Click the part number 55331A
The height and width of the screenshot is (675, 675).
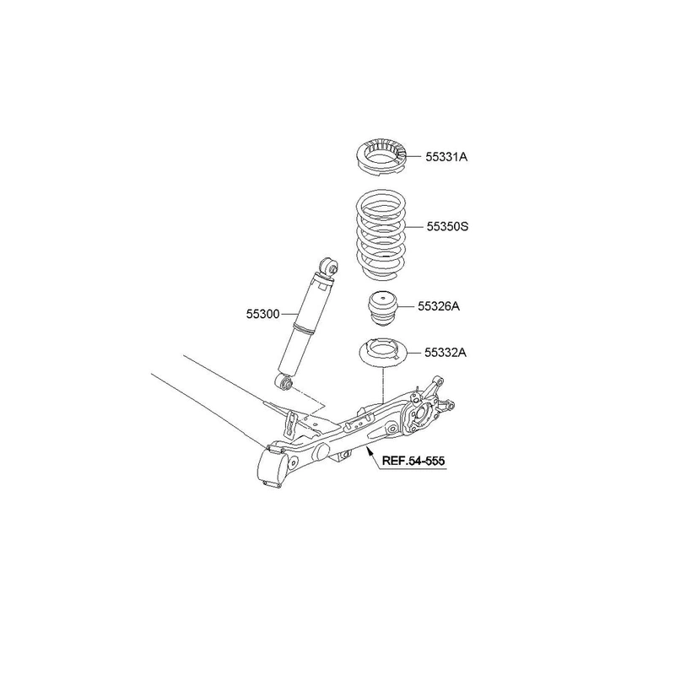click(x=446, y=157)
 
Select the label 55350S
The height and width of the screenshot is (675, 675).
click(x=447, y=226)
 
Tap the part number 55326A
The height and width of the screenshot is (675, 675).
click(x=439, y=306)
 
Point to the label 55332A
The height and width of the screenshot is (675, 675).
click(x=445, y=353)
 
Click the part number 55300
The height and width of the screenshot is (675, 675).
click(x=262, y=314)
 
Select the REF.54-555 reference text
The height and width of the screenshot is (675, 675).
click(x=413, y=461)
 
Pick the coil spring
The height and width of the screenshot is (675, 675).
click(x=381, y=235)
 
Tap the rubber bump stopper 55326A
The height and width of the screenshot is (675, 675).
click(x=383, y=309)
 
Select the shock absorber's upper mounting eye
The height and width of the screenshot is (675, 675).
click(x=330, y=267)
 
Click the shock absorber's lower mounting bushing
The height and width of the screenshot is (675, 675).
click(x=284, y=381)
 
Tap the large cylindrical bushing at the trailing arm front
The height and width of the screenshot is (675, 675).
click(x=273, y=469)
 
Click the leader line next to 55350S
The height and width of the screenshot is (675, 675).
click(x=415, y=227)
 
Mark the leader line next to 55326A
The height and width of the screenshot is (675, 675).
click(x=408, y=306)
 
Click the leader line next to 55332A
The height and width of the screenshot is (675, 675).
click(x=414, y=353)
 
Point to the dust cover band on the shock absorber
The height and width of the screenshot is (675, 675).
click(x=304, y=330)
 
